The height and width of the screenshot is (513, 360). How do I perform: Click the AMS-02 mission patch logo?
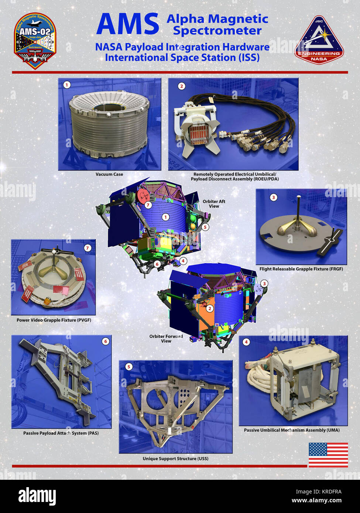pos(35,41)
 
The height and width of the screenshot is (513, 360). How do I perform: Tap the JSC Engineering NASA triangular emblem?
pos(319,41)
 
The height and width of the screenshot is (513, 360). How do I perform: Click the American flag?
pos(328,455)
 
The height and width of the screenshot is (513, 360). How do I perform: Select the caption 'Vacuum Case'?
pos(109,174)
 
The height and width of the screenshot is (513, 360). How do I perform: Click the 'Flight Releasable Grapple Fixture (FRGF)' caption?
pos(301,269)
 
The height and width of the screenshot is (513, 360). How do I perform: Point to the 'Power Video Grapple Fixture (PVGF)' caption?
pos(54,320)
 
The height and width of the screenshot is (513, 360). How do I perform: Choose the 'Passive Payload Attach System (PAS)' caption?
pos(61,433)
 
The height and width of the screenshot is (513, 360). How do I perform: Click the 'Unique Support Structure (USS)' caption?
pos(175,458)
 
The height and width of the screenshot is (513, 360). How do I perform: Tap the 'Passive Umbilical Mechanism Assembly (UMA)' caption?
pos(292,430)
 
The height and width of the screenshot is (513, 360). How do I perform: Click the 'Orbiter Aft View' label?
pos(214,204)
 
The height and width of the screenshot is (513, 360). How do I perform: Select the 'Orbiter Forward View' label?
pos(166,338)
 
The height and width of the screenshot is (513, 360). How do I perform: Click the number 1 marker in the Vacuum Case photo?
pos(66,85)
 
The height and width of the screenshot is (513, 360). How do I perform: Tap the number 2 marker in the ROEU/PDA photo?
pos(181,86)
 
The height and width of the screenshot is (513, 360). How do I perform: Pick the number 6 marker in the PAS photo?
pos(106,341)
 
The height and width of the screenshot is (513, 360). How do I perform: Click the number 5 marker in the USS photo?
pos(128,367)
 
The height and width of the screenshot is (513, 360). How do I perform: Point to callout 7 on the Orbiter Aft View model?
pos(148,205)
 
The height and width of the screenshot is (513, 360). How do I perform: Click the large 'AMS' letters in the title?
pos(127,24)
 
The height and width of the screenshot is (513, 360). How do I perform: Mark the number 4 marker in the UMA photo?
pos(246,342)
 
